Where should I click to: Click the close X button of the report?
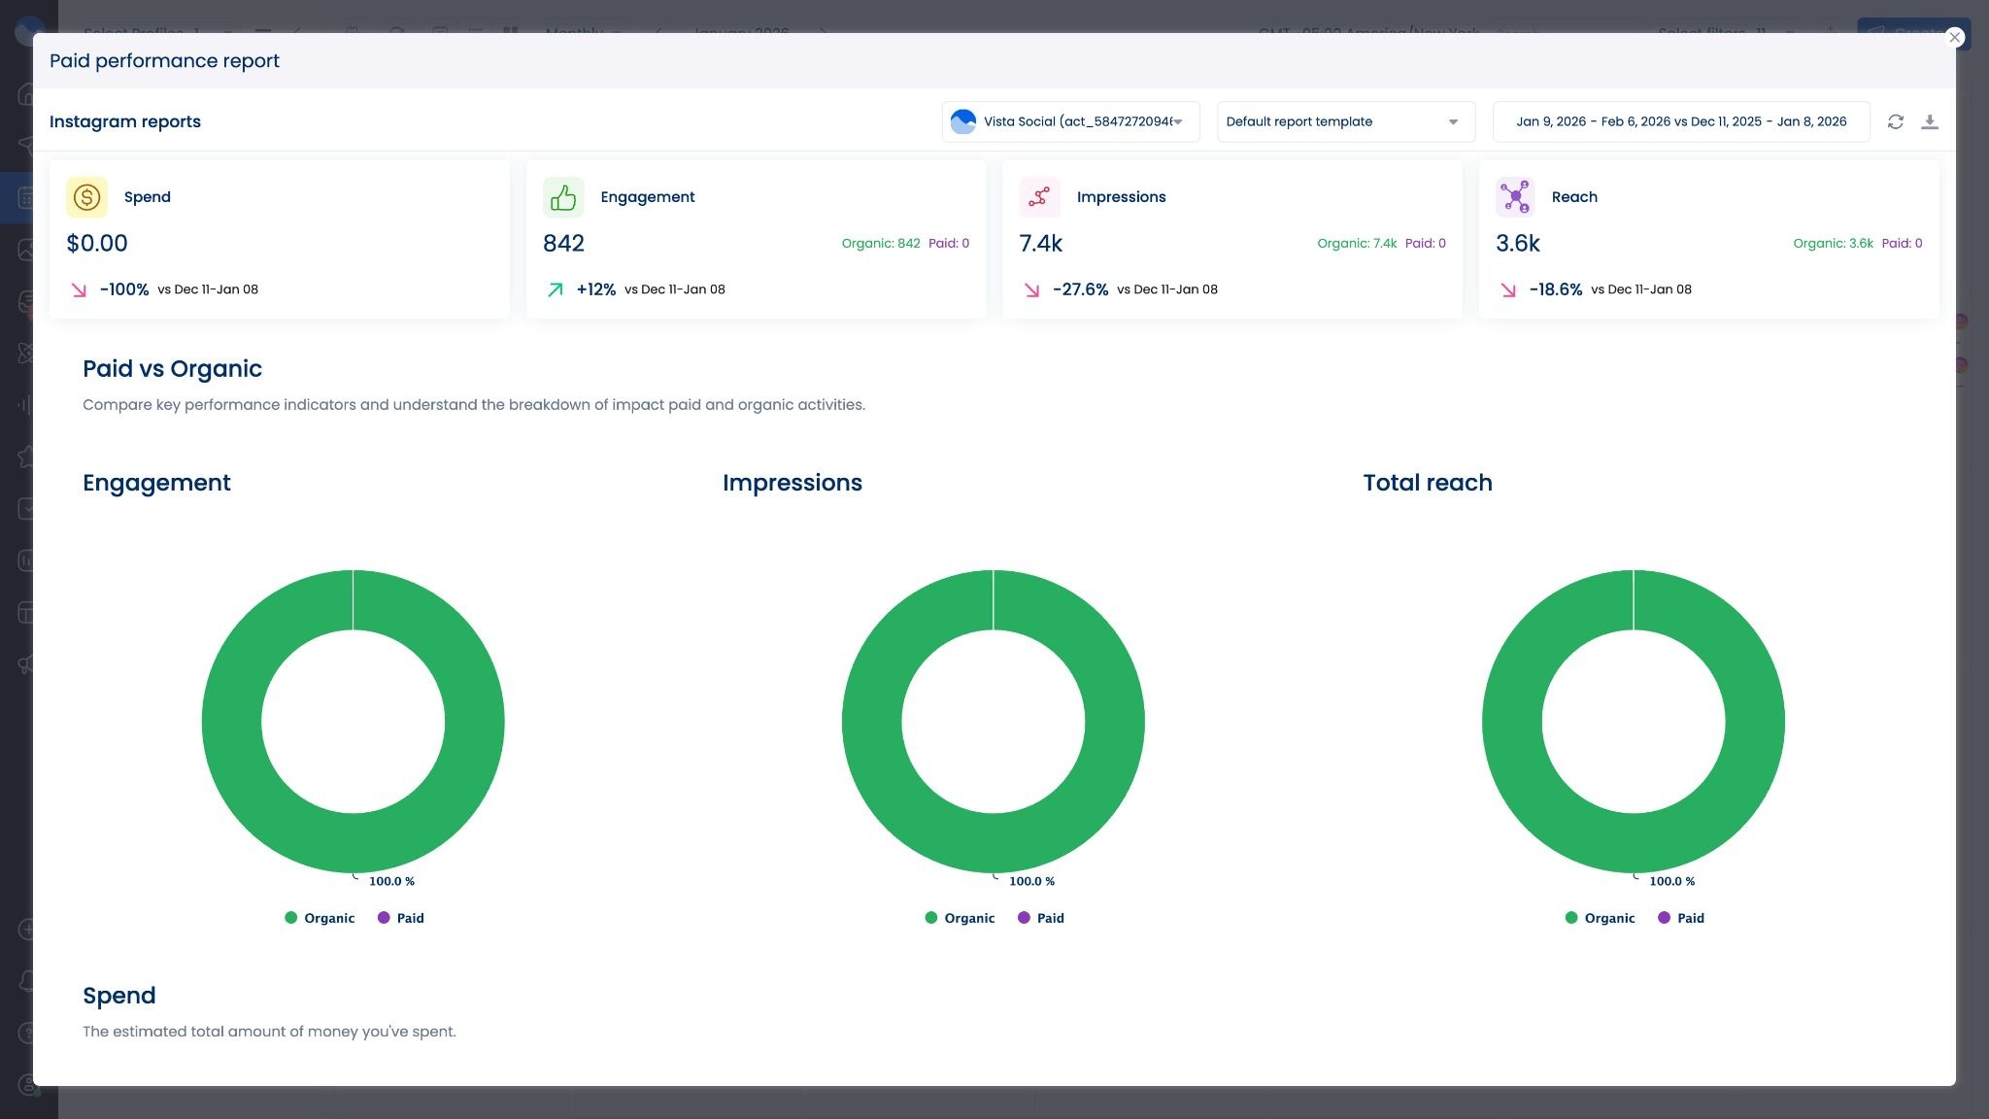point(1954,37)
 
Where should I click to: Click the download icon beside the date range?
point(1929,121)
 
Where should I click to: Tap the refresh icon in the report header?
point(1895,121)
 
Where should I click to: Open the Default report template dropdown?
point(1345,121)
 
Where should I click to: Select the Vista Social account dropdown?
point(1070,121)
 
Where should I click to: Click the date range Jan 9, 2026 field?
point(1680,121)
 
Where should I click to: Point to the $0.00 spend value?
point(97,243)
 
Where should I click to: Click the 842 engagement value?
point(563,243)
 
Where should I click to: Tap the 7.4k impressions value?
point(1040,243)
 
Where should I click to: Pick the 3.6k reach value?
point(1517,243)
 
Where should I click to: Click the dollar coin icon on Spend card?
point(86,197)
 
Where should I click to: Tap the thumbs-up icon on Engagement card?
point(563,197)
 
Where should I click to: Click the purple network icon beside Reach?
point(1515,197)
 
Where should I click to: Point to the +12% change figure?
point(595,289)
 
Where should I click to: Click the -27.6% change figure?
point(1080,289)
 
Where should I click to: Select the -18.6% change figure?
point(1555,289)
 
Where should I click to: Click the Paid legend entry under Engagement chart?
point(401,918)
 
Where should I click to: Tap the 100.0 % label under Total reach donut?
point(1671,881)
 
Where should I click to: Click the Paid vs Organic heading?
point(172,369)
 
